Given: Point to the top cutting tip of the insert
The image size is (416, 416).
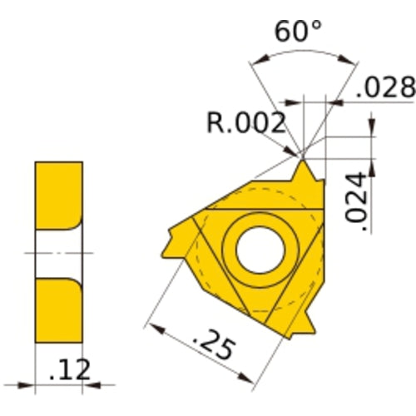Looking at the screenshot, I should point(303,163).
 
